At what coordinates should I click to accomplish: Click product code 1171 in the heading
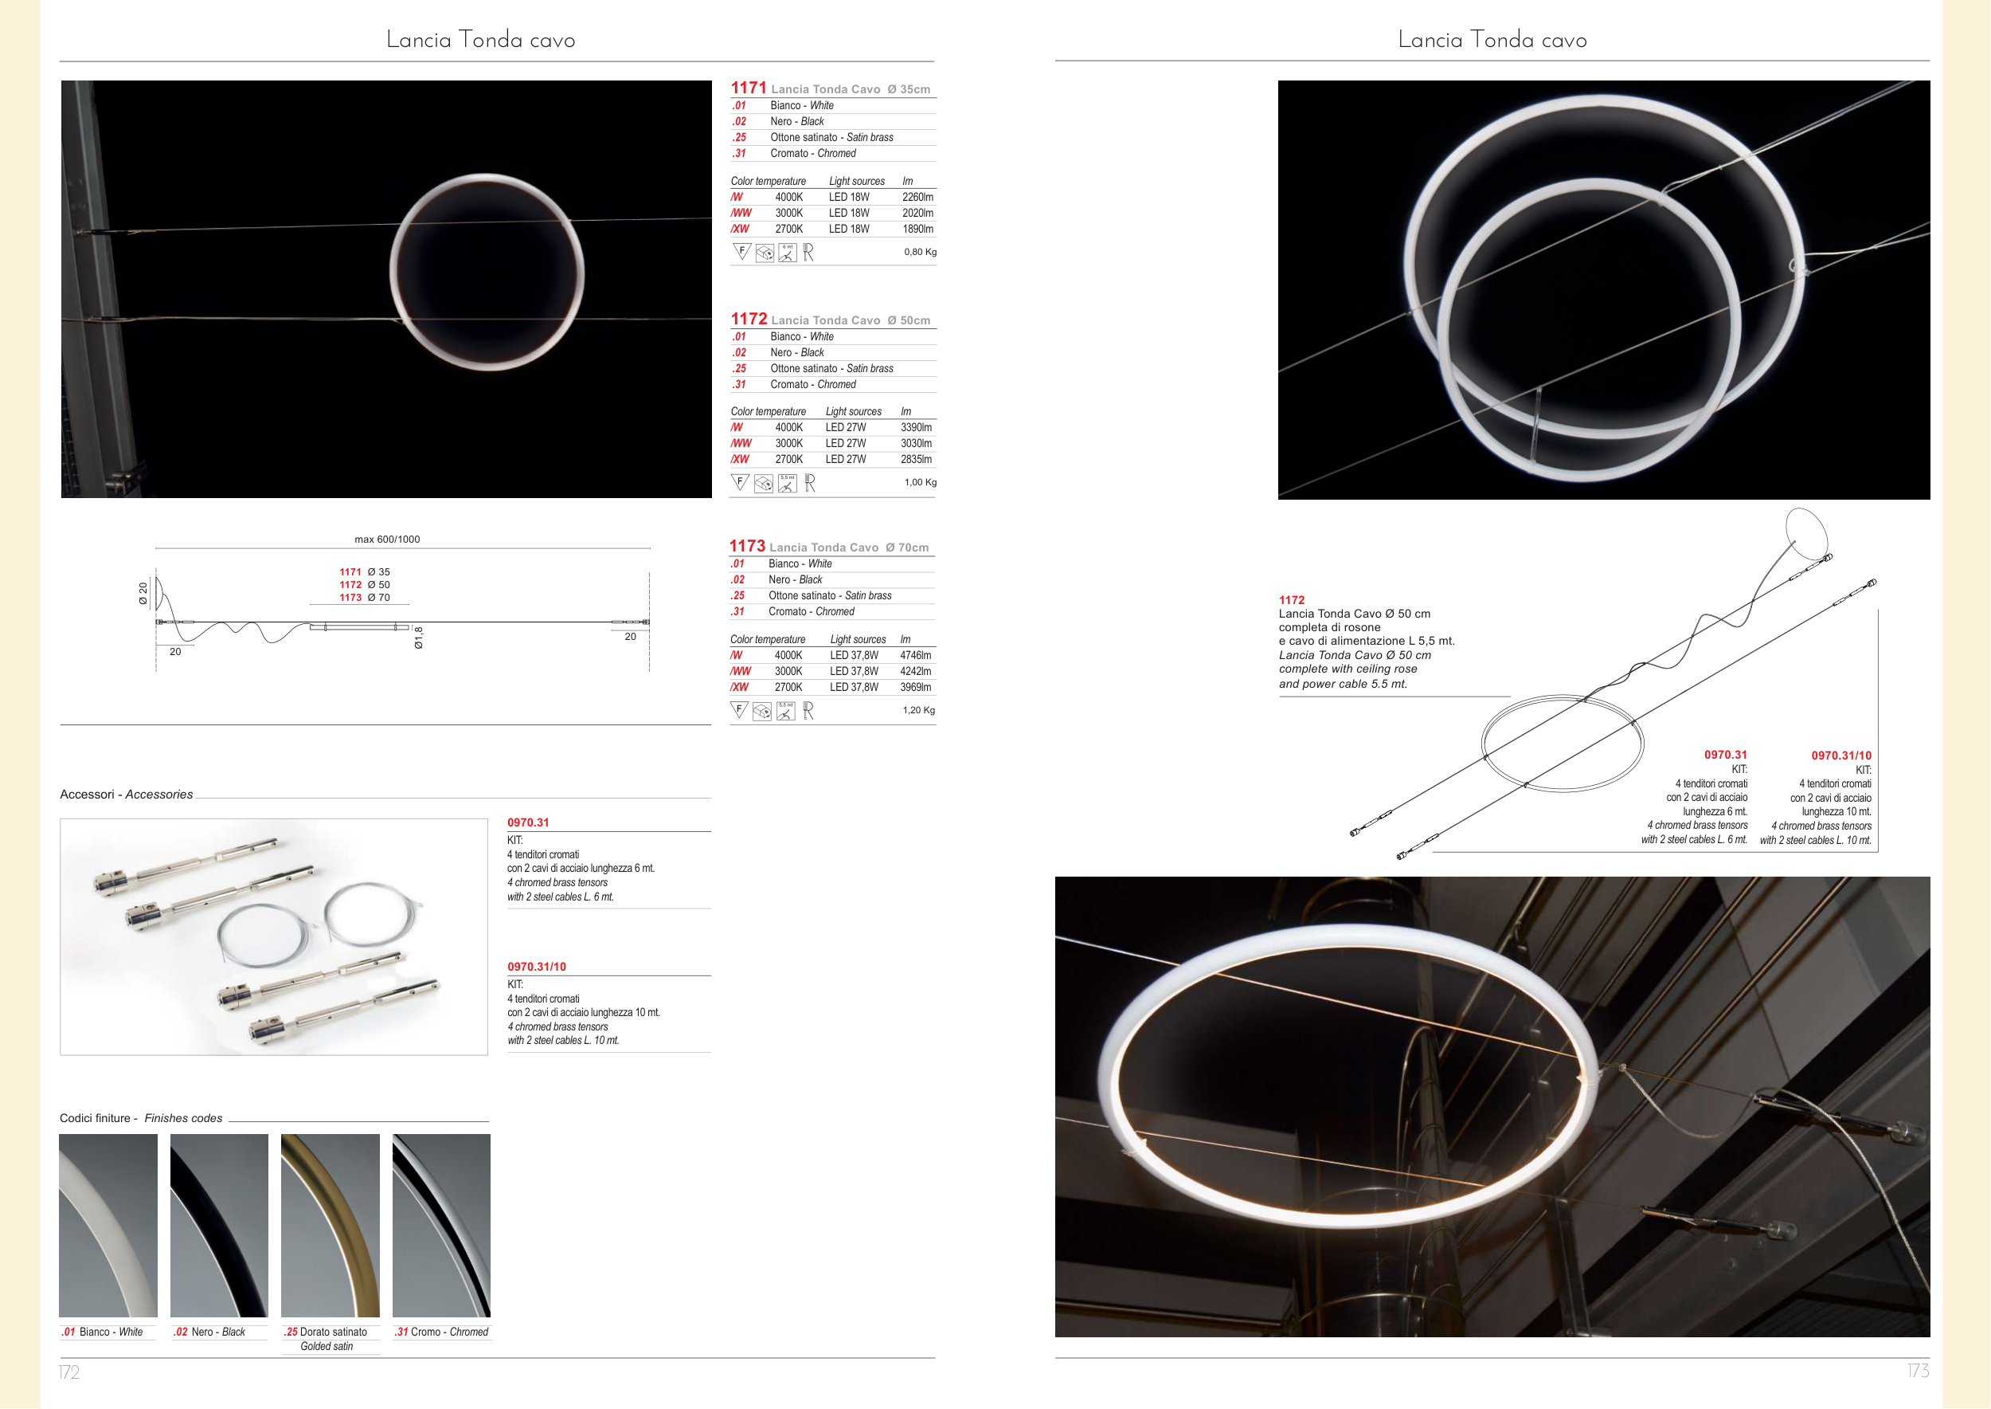[x=749, y=88]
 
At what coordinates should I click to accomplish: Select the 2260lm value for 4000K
[x=917, y=197]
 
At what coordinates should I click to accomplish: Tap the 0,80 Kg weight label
[x=920, y=252]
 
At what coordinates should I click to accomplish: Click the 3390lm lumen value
[x=916, y=428]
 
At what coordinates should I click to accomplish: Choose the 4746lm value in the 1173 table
[x=915, y=656]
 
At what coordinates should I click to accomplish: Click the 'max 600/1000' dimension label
[x=387, y=539]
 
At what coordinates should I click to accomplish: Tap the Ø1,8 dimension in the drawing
[x=419, y=638]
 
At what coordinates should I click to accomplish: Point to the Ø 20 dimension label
[x=143, y=594]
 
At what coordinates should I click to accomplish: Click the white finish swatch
[x=108, y=1225]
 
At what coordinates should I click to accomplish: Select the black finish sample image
[x=219, y=1225]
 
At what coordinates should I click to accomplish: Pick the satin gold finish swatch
[x=331, y=1225]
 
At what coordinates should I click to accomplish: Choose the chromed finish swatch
[x=441, y=1225]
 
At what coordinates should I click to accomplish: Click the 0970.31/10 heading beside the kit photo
[x=537, y=967]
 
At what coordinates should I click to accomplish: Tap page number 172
[x=69, y=1372]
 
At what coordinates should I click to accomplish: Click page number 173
[x=1919, y=1371]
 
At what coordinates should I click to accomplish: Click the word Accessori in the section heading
[x=87, y=795]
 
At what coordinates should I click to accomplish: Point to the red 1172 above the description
[x=1291, y=599]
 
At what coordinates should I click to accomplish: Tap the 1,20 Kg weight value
[x=918, y=710]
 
